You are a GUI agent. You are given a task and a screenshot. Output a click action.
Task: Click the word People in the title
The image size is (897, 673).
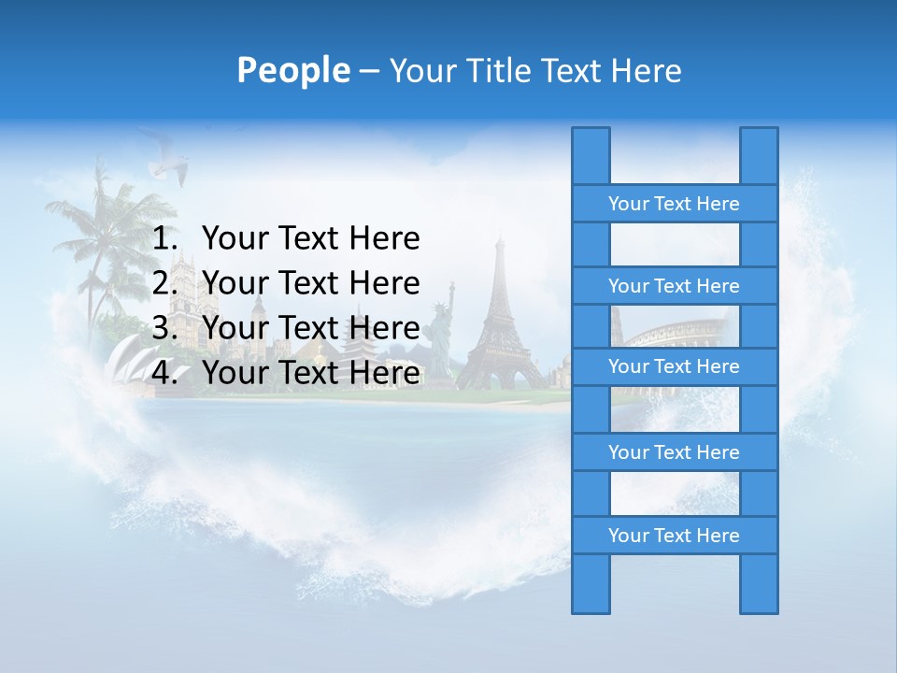click(x=292, y=70)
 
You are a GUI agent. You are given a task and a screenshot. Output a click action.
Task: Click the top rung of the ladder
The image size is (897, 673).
click(x=674, y=204)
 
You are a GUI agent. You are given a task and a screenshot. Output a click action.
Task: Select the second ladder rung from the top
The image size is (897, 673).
click(x=674, y=286)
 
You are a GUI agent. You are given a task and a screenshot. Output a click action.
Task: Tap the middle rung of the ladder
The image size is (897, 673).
click(x=674, y=366)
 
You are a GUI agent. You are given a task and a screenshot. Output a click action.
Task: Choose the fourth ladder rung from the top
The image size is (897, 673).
click(x=674, y=452)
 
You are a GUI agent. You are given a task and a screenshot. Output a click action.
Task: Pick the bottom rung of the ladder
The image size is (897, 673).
click(x=674, y=536)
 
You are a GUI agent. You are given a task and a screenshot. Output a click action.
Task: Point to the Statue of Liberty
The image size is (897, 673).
click(x=439, y=332)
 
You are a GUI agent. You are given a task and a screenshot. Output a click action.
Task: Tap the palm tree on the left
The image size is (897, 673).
click(x=103, y=234)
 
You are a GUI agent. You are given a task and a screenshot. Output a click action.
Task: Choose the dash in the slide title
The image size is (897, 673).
click(x=368, y=71)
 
